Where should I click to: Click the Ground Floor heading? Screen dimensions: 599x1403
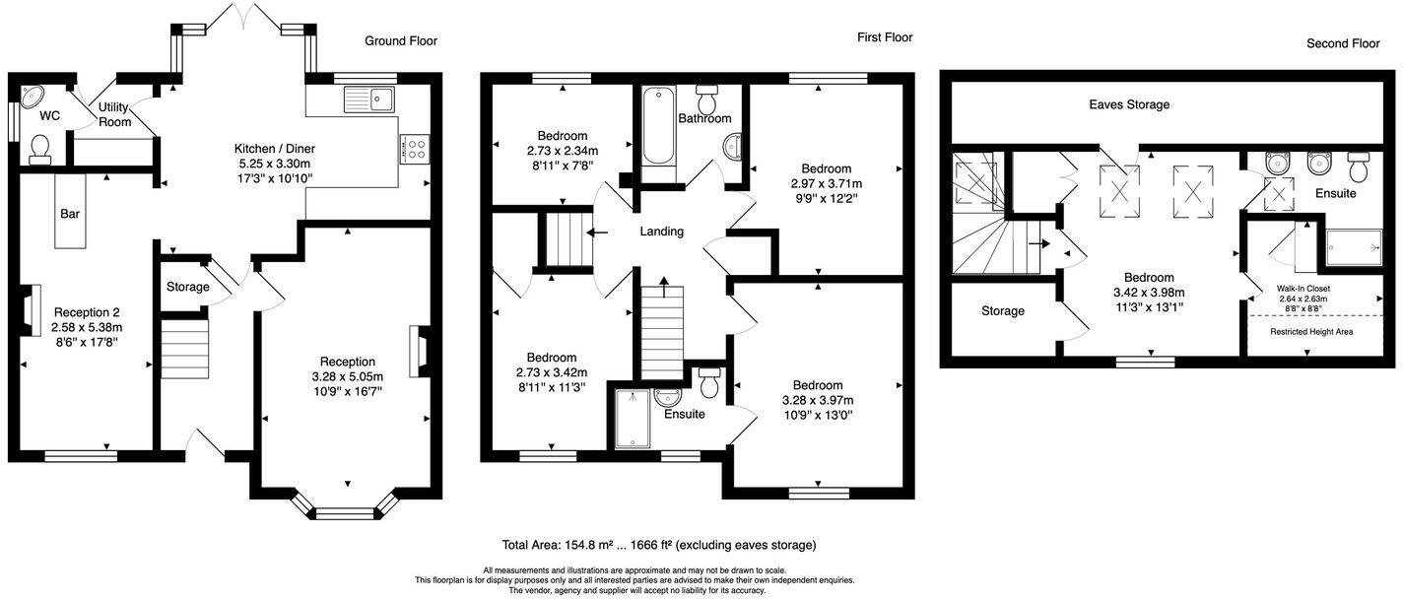[400, 40]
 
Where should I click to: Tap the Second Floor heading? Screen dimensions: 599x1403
[1343, 43]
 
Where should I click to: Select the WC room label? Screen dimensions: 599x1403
[49, 115]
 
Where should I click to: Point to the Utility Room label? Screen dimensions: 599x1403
[114, 114]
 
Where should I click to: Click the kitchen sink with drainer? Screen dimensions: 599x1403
[368, 99]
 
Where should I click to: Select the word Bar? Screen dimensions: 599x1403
[70, 213]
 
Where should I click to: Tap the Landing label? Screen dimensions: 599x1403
[661, 232]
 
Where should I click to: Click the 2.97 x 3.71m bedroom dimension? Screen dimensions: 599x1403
[826, 183]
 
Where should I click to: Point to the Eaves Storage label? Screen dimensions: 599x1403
[1129, 104]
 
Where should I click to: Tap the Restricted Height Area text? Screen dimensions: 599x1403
[1310, 331]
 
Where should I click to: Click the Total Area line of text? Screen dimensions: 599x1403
[658, 545]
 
